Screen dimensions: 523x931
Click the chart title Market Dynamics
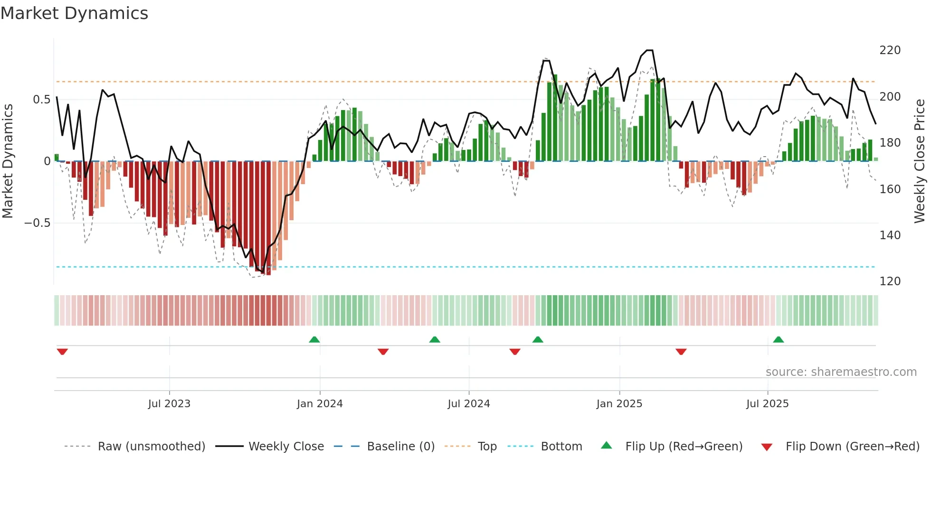[x=74, y=13]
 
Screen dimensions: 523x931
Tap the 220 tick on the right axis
[x=890, y=50]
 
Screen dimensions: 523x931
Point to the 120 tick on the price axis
[x=890, y=281]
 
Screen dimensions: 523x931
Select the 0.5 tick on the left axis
[x=41, y=100]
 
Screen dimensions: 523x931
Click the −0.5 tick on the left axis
[x=38, y=223]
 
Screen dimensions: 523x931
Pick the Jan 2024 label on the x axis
[x=320, y=404]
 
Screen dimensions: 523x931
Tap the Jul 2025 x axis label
[x=767, y=404]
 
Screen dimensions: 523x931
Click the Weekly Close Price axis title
[x=920, y=161]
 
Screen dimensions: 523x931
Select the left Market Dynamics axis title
[x=8, y=161]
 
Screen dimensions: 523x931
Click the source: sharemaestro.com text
[x=841, y=372]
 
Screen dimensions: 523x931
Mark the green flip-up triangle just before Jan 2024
[x=314, y=339]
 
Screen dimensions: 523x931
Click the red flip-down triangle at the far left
[x=62, y=352]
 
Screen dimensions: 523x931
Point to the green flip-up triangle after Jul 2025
[x=778, y=339]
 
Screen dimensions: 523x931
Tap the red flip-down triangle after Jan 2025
[x=681, y=352]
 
